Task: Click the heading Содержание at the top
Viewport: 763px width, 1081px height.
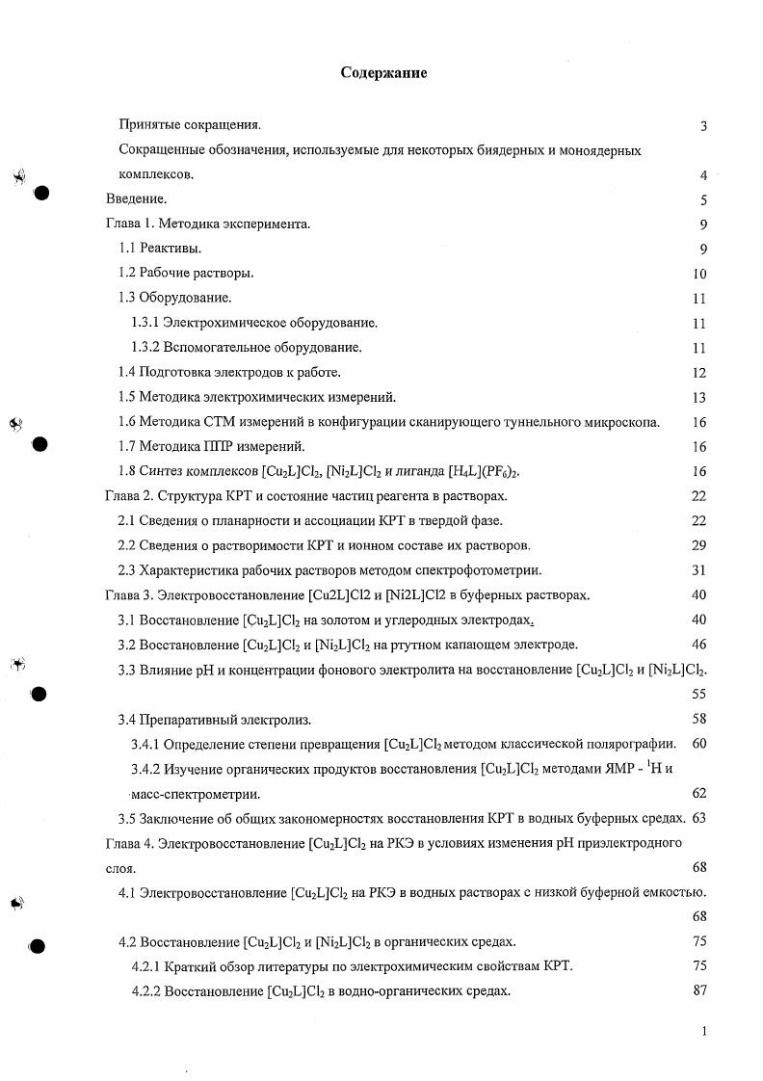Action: (x=383, y=73)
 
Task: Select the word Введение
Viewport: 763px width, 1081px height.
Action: (x=136, y=199)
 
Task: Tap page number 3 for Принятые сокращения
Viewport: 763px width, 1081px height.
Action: (x=704, y=126)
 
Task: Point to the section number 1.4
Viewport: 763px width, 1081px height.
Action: (x=127, y=372)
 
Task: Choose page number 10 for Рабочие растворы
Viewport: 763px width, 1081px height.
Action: (x=699, y=274)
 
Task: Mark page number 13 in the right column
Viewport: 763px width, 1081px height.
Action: (x=699, y=397)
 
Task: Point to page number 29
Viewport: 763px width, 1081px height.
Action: (x=699, y=545)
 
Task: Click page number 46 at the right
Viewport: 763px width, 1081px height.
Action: (x=699, y=645)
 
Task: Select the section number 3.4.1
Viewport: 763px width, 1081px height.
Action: (x=145, y=744)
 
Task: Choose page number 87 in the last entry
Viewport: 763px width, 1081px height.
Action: (x=699, y=990)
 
